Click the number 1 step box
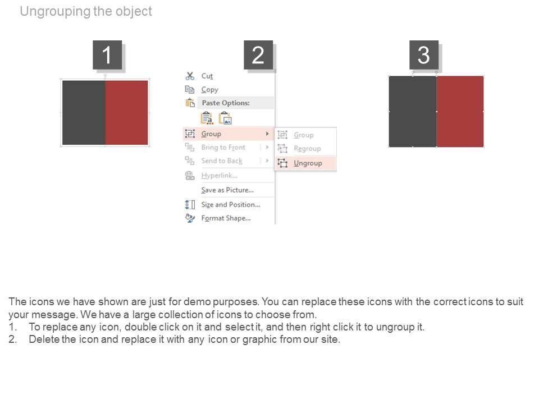(x=107, y=55)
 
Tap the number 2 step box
(x=258, y=55)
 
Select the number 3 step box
(x=424, y=55)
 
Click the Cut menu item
(x=207, y=76)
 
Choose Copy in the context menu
(x=209, y=90)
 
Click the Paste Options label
(x=226, y=103)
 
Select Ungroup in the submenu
(x=308, y=163)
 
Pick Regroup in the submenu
(x=307, y=148)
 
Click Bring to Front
(x=223, y=148)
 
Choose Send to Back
(x=222, y=161)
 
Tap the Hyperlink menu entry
(x=220, y=176)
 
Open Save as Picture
(x=227, y=190)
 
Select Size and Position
(x=231, y=205)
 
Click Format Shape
(x=226, y=218)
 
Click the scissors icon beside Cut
(x=190, y=76)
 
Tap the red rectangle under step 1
(x=126, y=113)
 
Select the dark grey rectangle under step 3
(x=413, y=111)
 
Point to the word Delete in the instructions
(x=44, y=339)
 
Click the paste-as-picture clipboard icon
(x=226, y=118)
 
